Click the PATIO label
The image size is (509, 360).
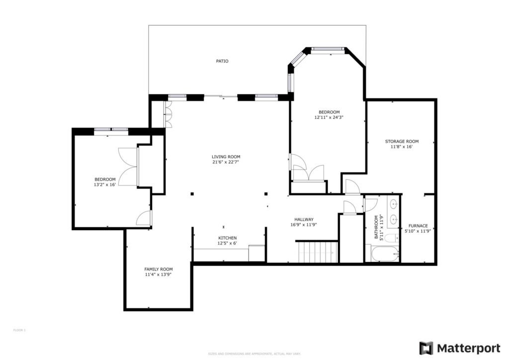(222, 61)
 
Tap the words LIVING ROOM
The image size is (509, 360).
(226, 157)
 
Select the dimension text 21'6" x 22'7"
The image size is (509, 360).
(226, 162)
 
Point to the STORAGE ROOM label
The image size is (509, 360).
(402, 141)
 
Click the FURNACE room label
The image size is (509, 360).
(418, 226)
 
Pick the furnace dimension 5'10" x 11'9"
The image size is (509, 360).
(418, 231)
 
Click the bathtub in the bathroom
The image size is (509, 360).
(382, 254)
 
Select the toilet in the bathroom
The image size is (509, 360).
(391, 238)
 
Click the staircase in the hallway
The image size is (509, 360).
(317, 251)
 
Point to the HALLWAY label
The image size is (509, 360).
(304, 219)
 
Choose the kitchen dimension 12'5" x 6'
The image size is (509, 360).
(227, 243)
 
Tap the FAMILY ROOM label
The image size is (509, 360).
(159, 269)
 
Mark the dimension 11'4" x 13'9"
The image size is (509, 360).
(159, 274)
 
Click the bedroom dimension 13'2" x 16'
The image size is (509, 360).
(105, 184)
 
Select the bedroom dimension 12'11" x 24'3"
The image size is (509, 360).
(329, 117)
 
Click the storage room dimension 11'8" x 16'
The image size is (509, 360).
(402, 147)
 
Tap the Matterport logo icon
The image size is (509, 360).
(426, 348)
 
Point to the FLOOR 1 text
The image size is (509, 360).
(19, 330)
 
